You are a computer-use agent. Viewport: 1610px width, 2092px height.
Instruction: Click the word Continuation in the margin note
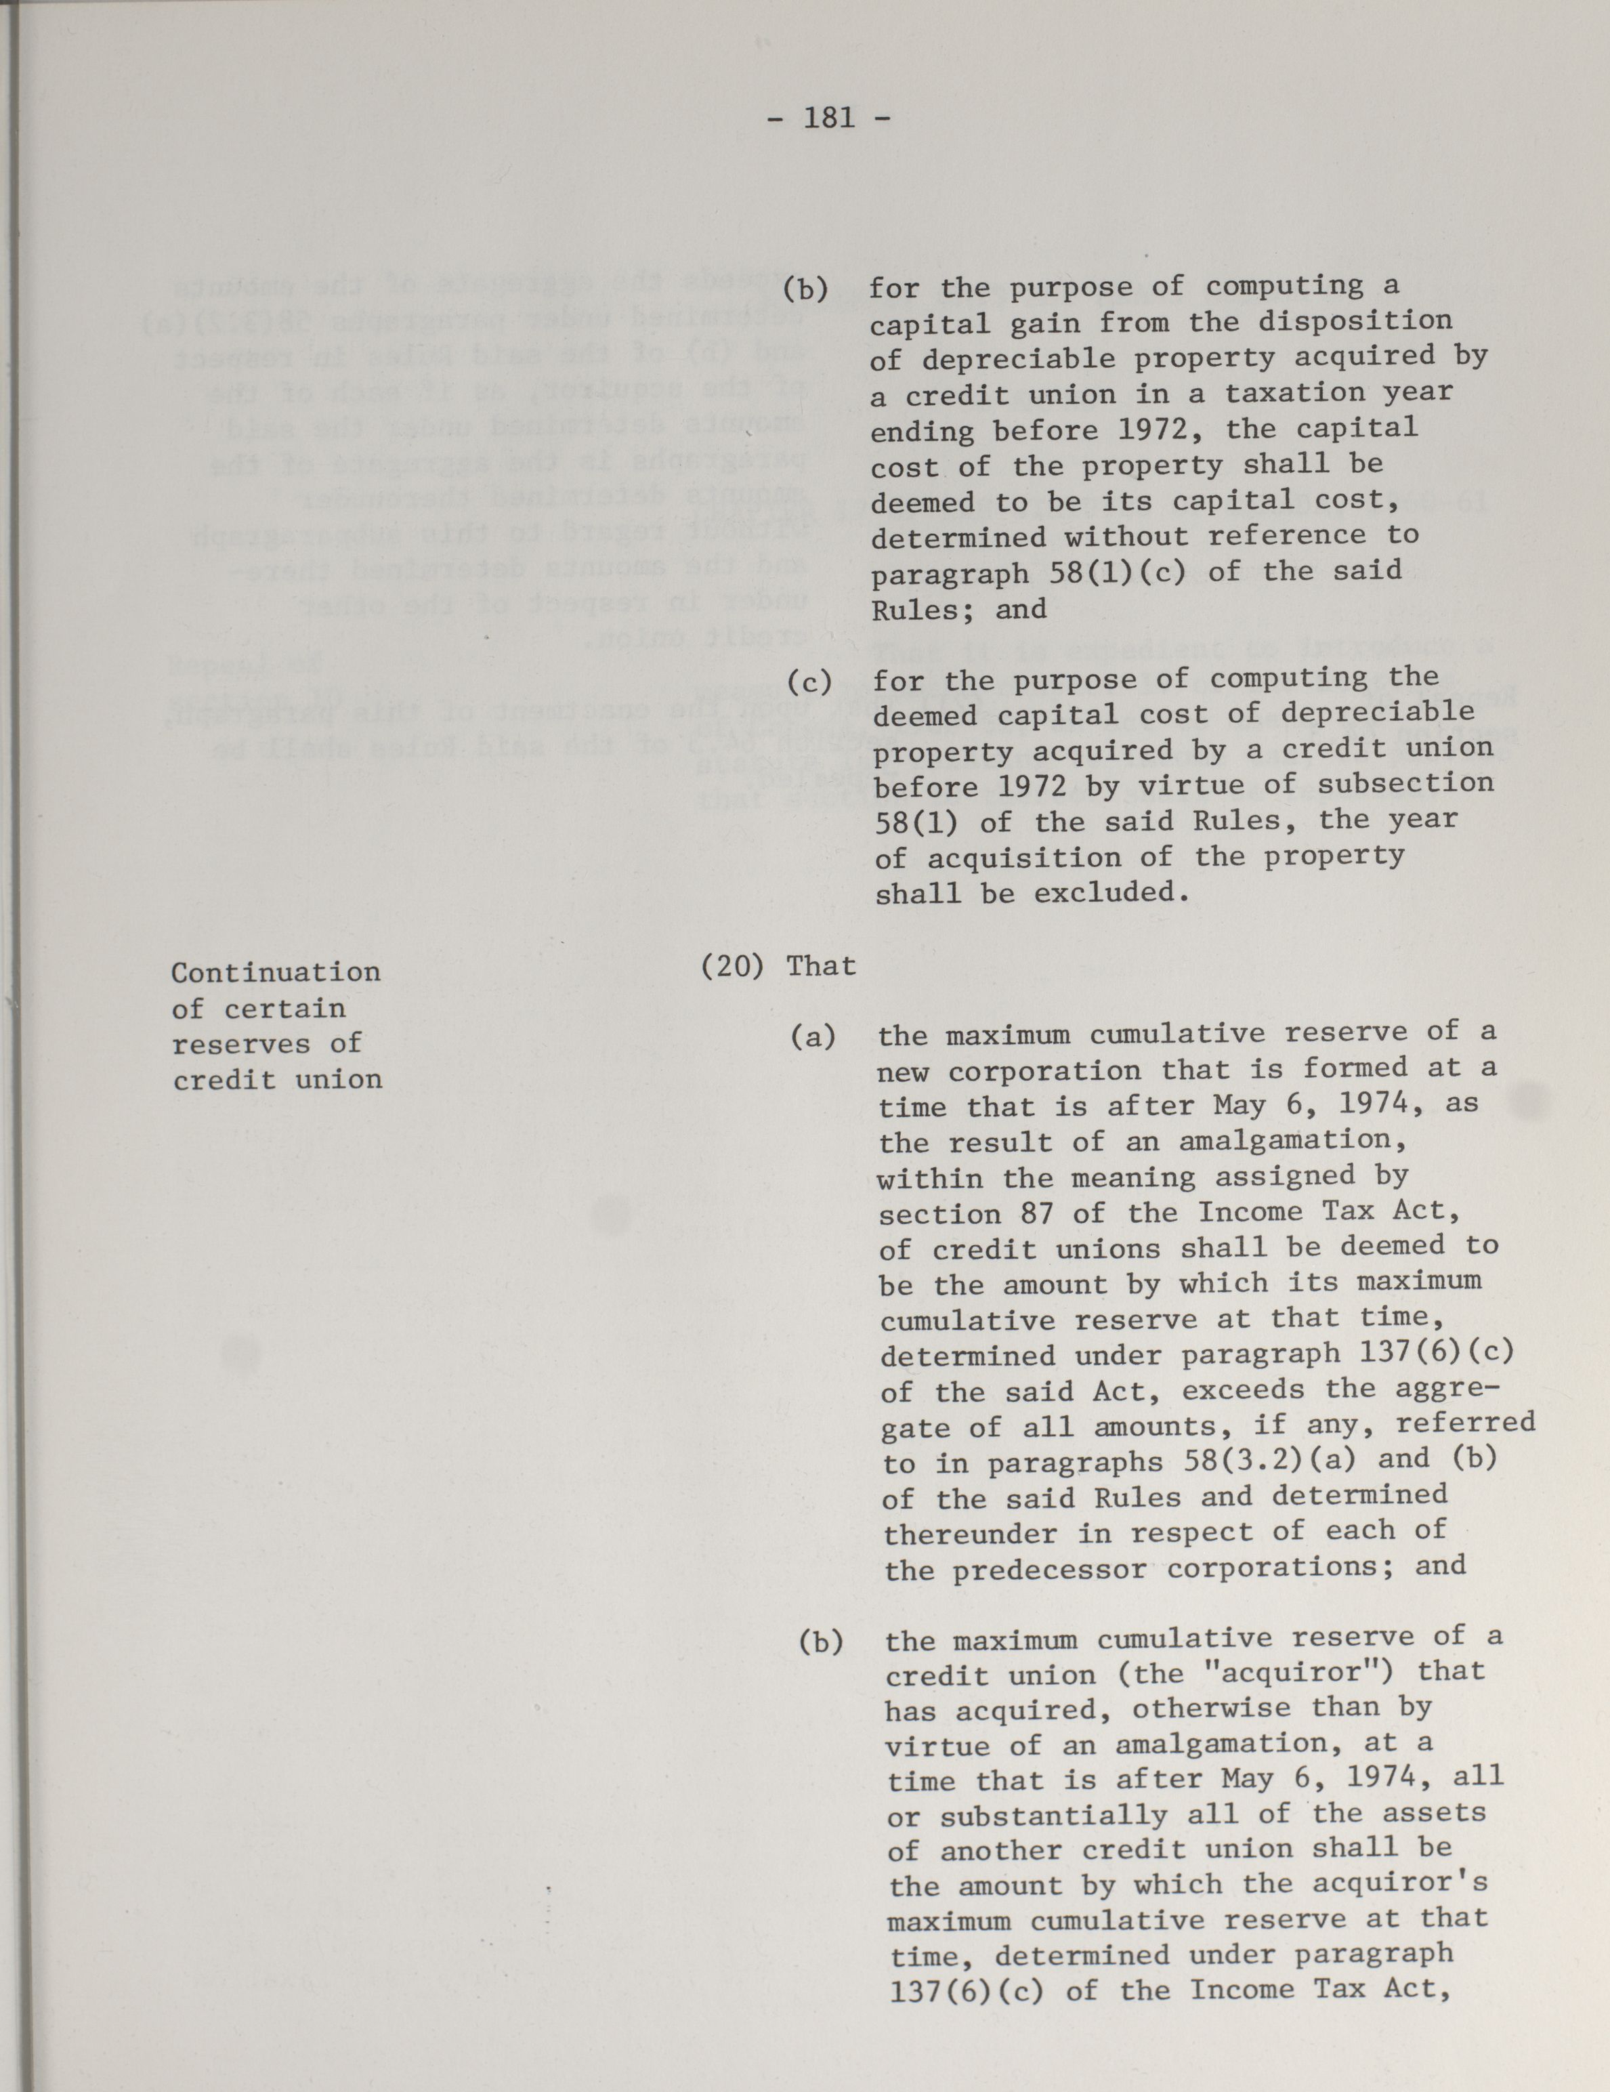coord(276,972)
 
